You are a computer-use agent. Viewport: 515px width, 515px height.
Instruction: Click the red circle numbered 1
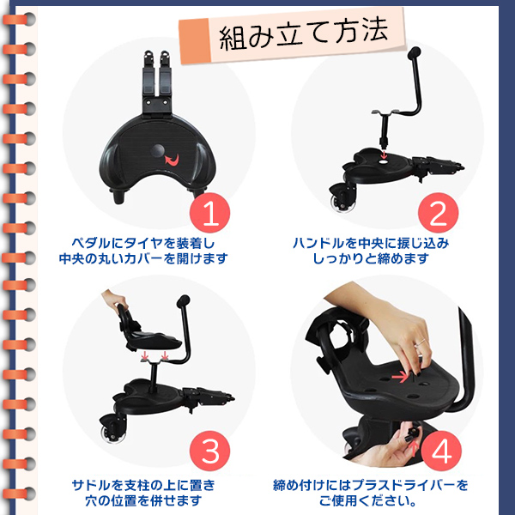point(210,213)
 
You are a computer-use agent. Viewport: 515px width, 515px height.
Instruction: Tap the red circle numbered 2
point(438,213)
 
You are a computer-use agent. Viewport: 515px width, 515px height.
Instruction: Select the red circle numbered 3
point(210,451)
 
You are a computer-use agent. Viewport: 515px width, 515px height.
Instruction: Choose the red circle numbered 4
point(441,451)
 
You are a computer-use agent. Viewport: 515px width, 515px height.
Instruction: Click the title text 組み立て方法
point(304,34)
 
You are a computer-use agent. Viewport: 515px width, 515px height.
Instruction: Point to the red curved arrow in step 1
point(173,160)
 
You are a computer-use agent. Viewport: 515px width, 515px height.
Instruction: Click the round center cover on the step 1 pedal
point(158,151)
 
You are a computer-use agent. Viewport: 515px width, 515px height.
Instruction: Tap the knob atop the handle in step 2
point(414,52)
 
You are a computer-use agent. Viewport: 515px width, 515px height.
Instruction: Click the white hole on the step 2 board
point(384,162)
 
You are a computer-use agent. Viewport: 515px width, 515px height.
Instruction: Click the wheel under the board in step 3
point(113,433)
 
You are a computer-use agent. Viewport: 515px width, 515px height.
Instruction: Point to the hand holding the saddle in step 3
point(115,299)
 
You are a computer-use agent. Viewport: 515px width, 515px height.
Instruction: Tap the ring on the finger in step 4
point(420,342)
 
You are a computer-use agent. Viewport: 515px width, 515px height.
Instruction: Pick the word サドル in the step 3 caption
point(91,485)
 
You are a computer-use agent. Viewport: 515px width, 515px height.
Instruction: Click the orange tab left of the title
point(195,41)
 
